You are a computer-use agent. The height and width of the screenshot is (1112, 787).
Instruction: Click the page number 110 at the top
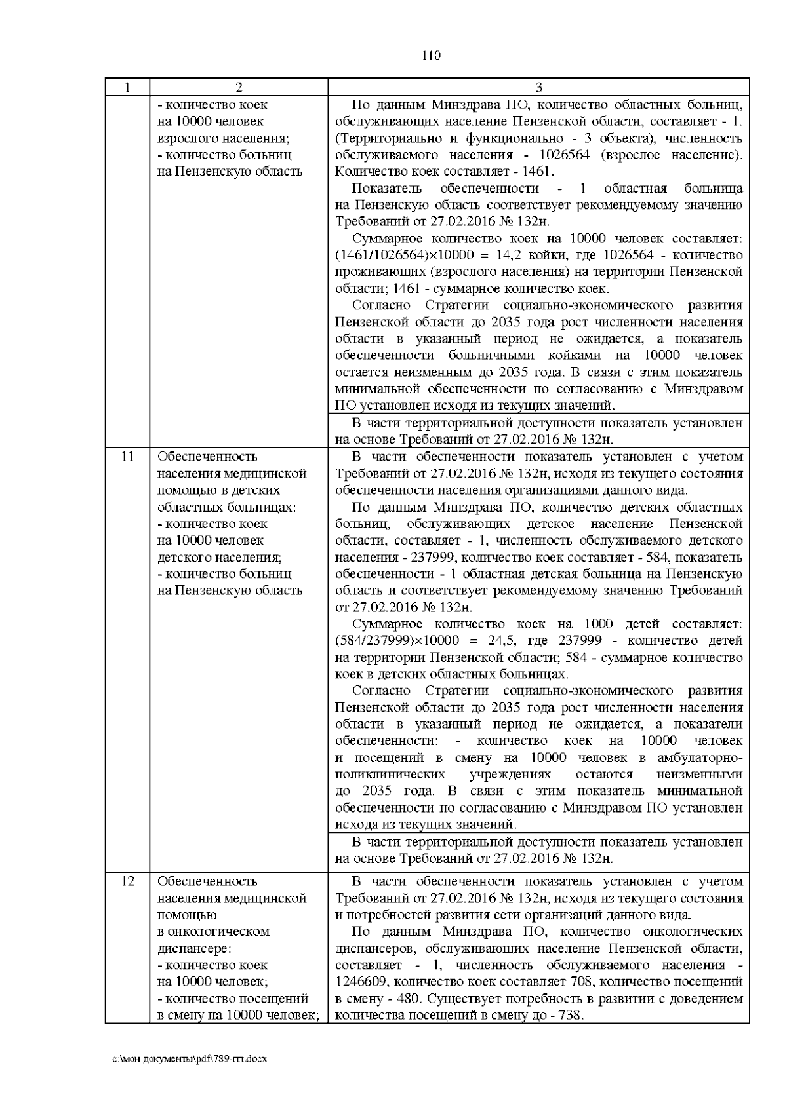click(431, 56)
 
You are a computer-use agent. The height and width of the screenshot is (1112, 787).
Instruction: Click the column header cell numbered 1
click(127, 88)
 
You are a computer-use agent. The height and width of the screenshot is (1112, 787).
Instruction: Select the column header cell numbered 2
click(239, 88)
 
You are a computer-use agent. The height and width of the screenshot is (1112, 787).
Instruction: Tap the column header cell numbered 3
click(538, 88)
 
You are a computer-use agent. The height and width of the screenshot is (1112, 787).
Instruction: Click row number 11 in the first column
click(127, 457)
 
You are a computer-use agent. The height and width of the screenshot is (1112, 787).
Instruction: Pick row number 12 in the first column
click(127, 881)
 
